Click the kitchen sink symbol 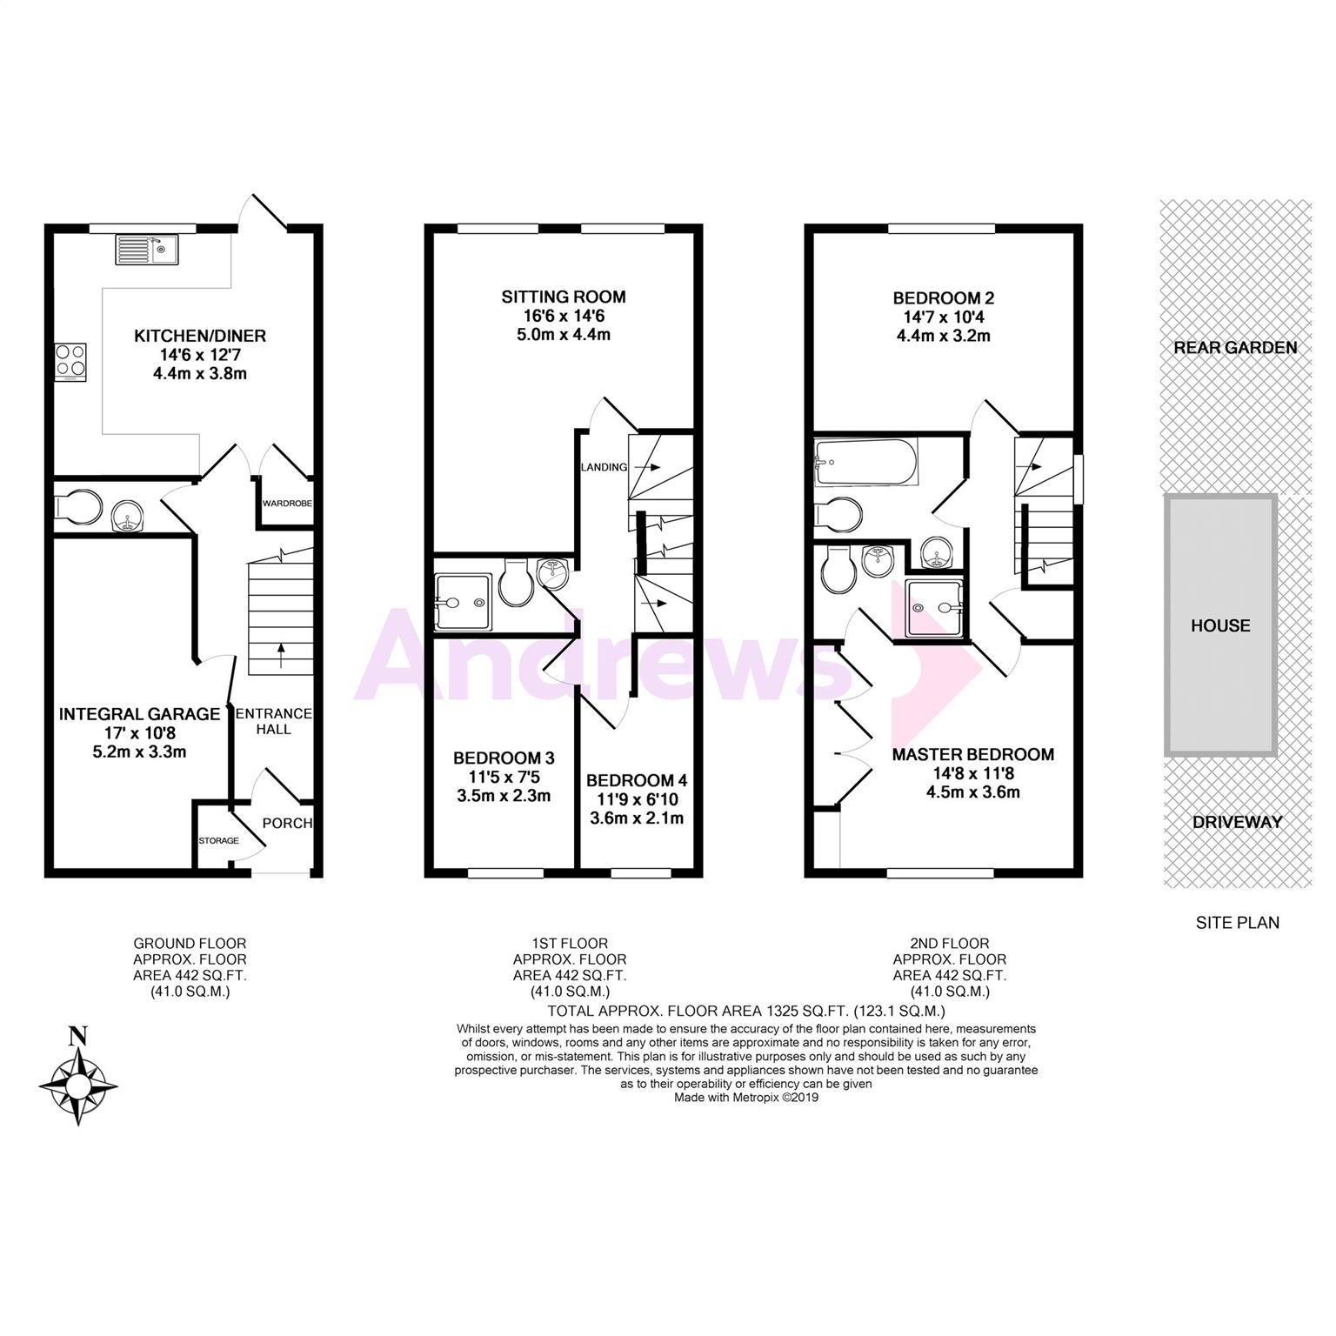point(146,250)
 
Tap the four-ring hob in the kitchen point(70,362)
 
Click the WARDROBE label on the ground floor point(288,504)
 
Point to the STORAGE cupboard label point(218,841)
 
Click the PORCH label point(287,823)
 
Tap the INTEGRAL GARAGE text point(140,714)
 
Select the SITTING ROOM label point(564,297)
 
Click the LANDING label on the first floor point(604,467)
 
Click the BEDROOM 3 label point(504,758)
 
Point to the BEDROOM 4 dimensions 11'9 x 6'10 point(637,799)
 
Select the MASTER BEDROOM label point(973,754)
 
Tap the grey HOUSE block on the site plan point(1221,625)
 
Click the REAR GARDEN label point(1235,347)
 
